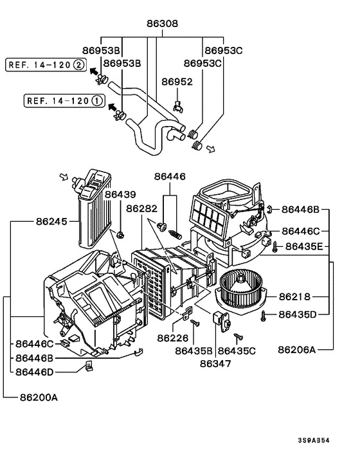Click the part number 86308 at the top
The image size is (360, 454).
(x=164, y=24)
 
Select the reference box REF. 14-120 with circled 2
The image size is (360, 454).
(x=45, y=64)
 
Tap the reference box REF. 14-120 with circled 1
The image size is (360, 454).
(x=63, y=100)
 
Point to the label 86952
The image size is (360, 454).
(x=177, y=82)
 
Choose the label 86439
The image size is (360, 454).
(x=121, y=194)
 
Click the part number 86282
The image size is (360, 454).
(x=141, y=208)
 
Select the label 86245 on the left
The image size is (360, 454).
(x=51, y=220)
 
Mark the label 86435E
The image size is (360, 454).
(x=308, y=246)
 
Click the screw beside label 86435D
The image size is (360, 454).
(x=265, y=314)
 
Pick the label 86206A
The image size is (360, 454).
(x=297, y=349)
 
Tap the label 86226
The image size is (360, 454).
(x=173, y=338)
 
